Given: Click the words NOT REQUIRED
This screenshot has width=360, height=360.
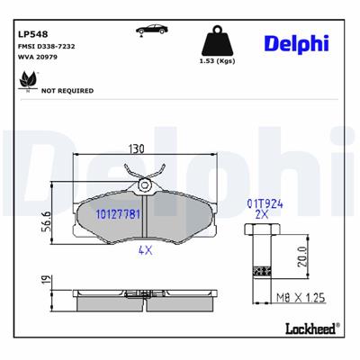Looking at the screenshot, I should (67, 91).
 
